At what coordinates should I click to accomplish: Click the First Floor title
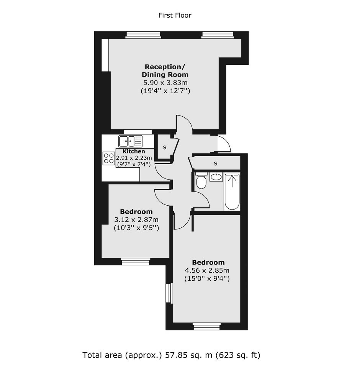tap(175, 15)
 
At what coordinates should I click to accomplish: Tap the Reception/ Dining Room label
tap(165, 70)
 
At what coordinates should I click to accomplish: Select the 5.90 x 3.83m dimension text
tap(165, 83)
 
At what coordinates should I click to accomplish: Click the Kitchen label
tap(134, 151)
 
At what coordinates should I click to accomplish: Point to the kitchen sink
tap(131, 141)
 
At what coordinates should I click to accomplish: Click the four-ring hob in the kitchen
tap(109, 158)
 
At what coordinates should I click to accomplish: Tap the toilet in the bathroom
tap(201, 181)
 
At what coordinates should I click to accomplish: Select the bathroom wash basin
tap(216, 177)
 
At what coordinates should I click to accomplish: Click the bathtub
tap(232, 191)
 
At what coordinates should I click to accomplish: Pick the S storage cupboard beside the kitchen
tap(165, 147)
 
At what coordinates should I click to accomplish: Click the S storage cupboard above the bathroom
tap(216, 163)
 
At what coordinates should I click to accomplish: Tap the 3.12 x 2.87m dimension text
tap(136, 219)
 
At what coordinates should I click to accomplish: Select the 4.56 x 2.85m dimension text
tap(207, 270)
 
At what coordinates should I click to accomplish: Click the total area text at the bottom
tap(171, 355)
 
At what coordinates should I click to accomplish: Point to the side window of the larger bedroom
tap(169, 293)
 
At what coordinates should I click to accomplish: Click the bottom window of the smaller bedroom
tap(136, 262)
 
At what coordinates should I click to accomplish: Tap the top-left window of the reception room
tap(143, 35)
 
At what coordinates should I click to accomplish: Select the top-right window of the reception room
tap(218, 35)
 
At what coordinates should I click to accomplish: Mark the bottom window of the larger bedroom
tap(207, 326)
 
